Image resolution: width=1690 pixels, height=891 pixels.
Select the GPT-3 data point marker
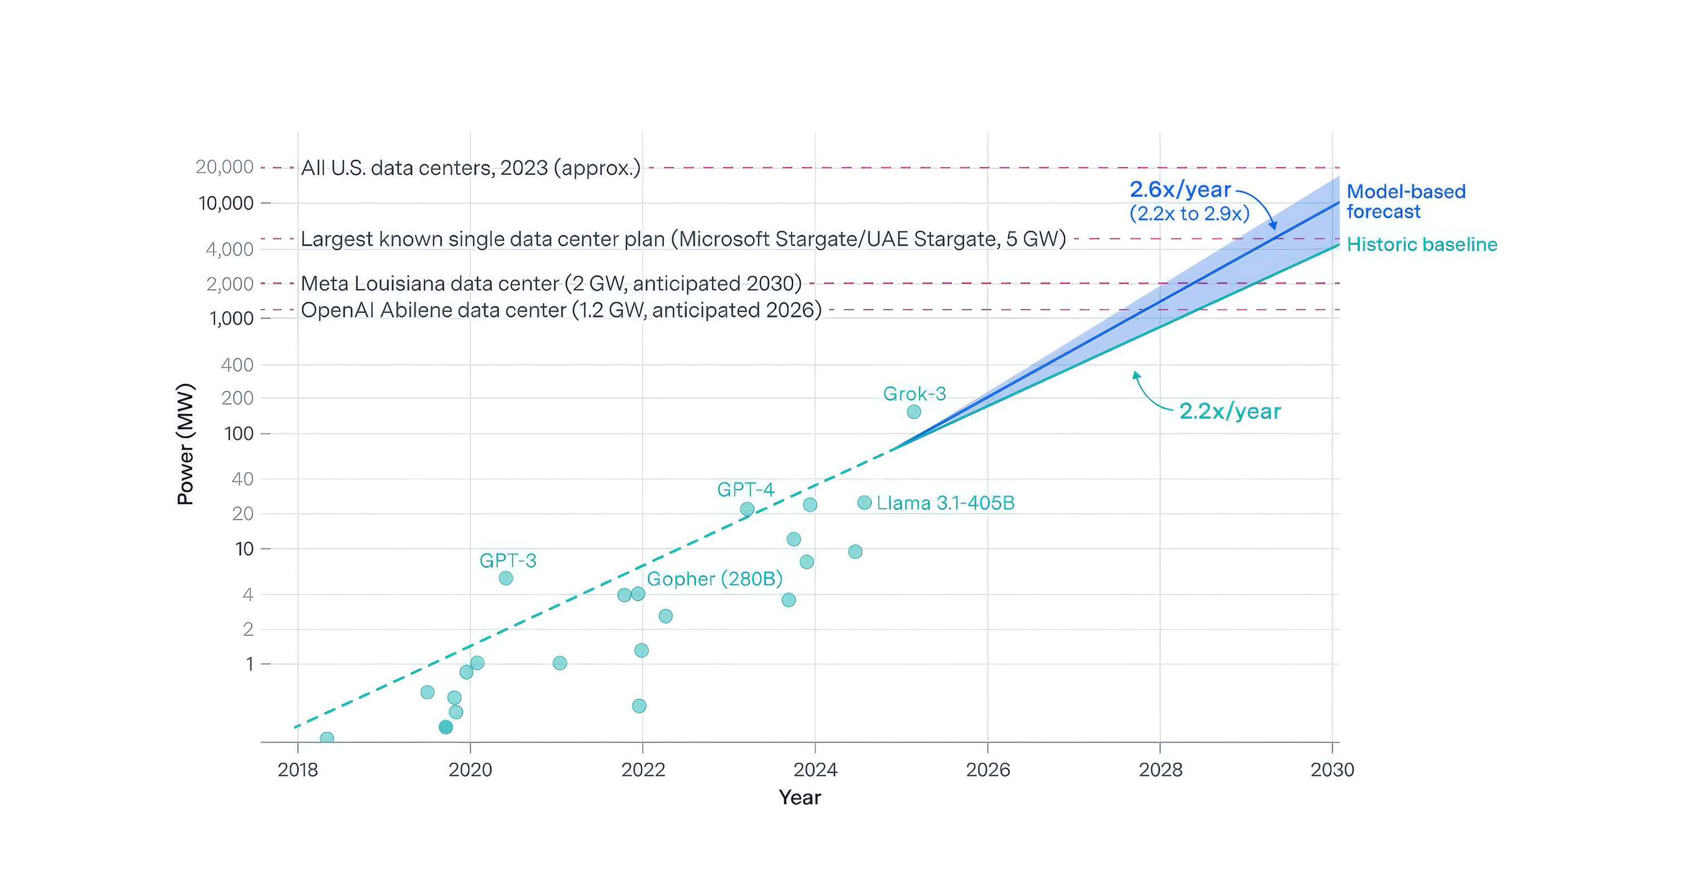(x=506, y=578)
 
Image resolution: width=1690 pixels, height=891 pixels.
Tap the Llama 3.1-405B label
(x=945, y=503)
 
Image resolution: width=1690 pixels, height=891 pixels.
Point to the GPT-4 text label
(x=745, y=489)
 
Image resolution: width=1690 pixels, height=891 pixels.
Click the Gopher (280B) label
(x=715, y=579)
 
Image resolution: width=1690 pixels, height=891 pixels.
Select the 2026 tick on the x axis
(x=988, y=770)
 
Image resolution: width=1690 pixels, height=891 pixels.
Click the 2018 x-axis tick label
(x=298, y=770)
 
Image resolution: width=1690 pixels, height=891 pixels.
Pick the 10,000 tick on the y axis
(x=226, y=203)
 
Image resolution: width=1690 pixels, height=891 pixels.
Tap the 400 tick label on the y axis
(x=237, y=365)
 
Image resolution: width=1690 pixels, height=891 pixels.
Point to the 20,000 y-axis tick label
(x=224, y=167)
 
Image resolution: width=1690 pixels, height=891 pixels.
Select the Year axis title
(x=800, y=797)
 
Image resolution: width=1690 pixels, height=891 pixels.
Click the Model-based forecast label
(x=1406, y=202)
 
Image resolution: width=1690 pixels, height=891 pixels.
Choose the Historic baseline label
(x=1422, y=244)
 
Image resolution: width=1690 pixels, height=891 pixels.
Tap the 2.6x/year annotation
(x=1180, y=190)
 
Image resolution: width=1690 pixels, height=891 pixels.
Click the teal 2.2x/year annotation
(x=1230, y=412)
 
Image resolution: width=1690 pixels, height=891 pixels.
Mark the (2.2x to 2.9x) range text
(x=1189, y=214)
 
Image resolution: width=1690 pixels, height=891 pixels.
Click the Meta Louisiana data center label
(x=551, y=283)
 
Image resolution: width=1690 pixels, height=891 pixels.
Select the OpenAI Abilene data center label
(x=561, y=310)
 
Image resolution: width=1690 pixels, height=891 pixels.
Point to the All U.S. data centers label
(x=470, y=168)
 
